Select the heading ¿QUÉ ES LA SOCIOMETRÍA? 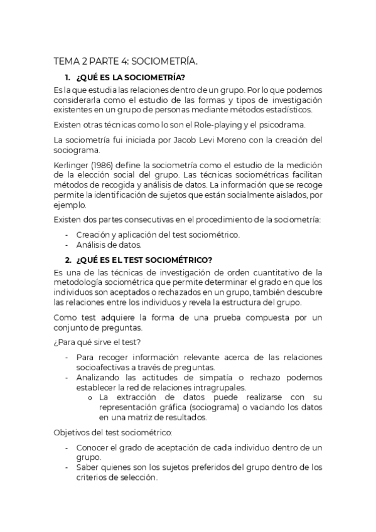point(130,78)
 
